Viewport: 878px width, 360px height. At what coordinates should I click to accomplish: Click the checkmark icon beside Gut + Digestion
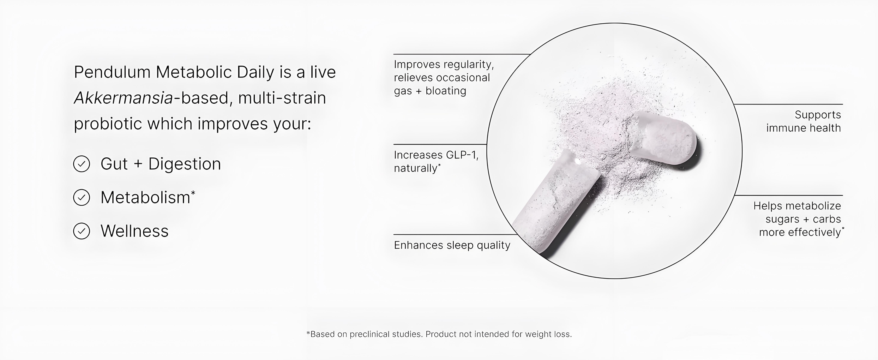tap(81, 164)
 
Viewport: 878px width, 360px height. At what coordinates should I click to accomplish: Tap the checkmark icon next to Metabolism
tap(81, 197)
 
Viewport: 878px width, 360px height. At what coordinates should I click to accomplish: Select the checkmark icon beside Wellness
tap(81, 231)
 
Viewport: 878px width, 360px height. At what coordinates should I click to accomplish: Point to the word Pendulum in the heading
tap(112, 72)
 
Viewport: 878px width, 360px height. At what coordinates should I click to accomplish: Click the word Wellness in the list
tap(135, 231)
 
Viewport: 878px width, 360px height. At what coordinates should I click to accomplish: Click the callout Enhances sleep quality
tap(452, 245)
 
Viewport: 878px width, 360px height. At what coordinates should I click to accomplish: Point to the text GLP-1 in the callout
tap(457, 155)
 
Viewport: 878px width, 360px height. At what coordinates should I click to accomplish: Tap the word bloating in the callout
tap(446, 91)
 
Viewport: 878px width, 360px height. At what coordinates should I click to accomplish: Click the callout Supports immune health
tap(803, 121)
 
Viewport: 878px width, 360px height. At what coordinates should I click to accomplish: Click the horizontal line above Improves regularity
tap(462, 54)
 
